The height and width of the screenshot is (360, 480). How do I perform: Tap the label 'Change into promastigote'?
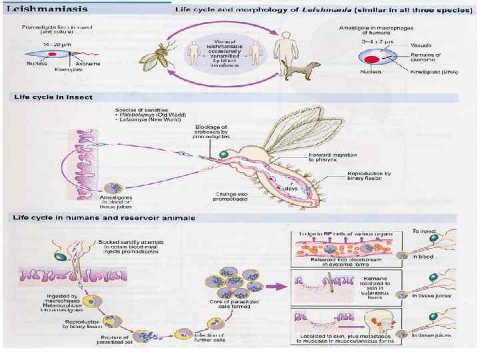[231, 198]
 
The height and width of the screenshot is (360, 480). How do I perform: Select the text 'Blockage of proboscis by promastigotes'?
[210, 132]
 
